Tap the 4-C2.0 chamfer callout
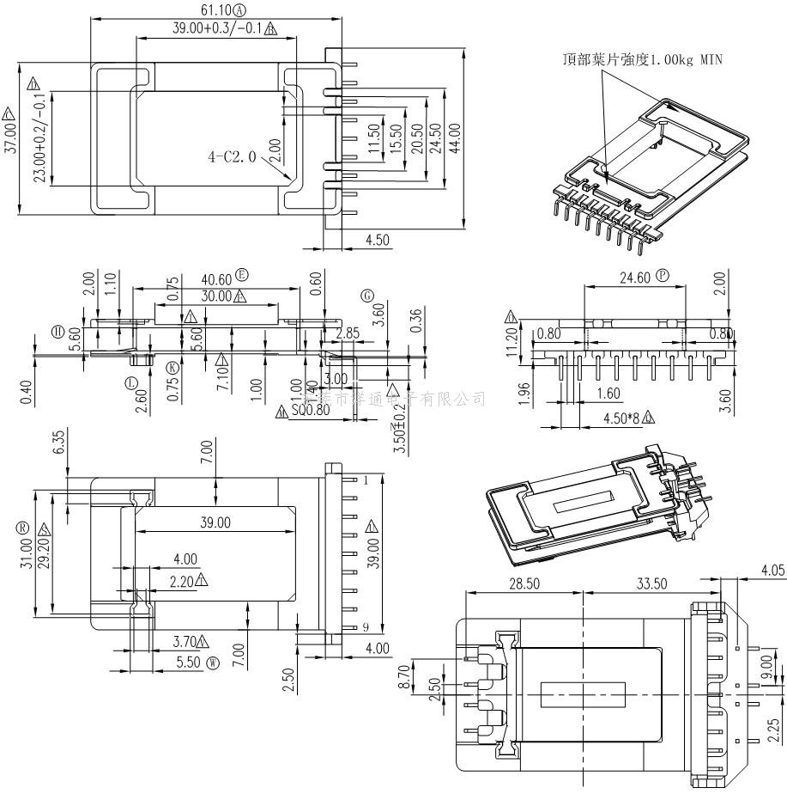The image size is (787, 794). (x=233, y=156)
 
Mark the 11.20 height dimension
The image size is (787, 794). (x=512, y=342)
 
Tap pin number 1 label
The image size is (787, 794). (x=364, y=479)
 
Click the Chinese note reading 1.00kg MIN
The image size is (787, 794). (x=643, y=59)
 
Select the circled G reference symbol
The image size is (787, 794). (x=367, y=296)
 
